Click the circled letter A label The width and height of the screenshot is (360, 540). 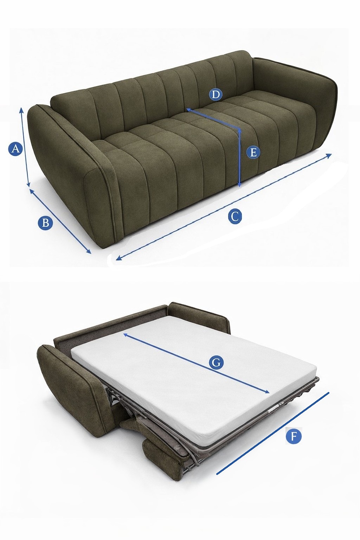(15, 149)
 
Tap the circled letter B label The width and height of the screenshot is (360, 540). (45, 223)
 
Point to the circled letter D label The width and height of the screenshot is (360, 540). (216, 95)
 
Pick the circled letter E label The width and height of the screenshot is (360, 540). (253, 152)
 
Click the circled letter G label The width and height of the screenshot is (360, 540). (216, 362)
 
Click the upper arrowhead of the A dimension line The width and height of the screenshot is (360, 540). (21, 110)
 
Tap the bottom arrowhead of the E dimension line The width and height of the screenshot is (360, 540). (239, 185)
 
